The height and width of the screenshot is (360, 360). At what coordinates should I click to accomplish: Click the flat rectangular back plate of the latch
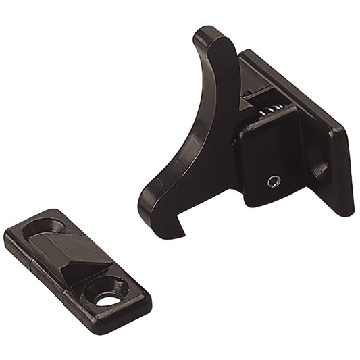304,122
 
